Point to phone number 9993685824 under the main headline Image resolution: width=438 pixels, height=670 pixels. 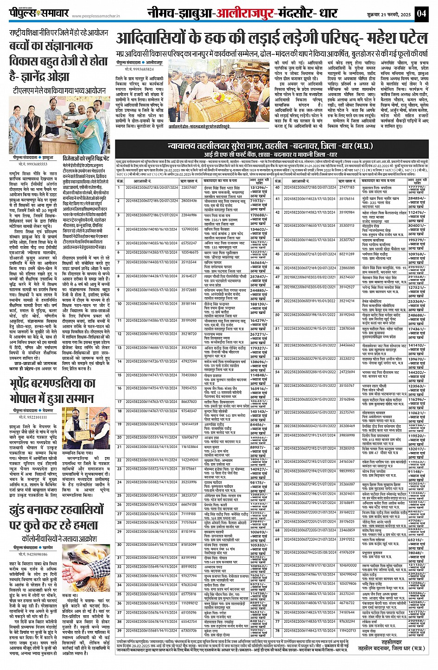(x=141, y=69)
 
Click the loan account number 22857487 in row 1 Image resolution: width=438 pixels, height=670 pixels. (x=189, y=187)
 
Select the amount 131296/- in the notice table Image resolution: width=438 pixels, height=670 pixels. (x=258, y=187)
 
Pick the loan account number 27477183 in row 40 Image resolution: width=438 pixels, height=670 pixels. (x=347, y=187)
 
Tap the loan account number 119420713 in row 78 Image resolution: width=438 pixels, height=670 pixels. (x=348, y=631)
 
